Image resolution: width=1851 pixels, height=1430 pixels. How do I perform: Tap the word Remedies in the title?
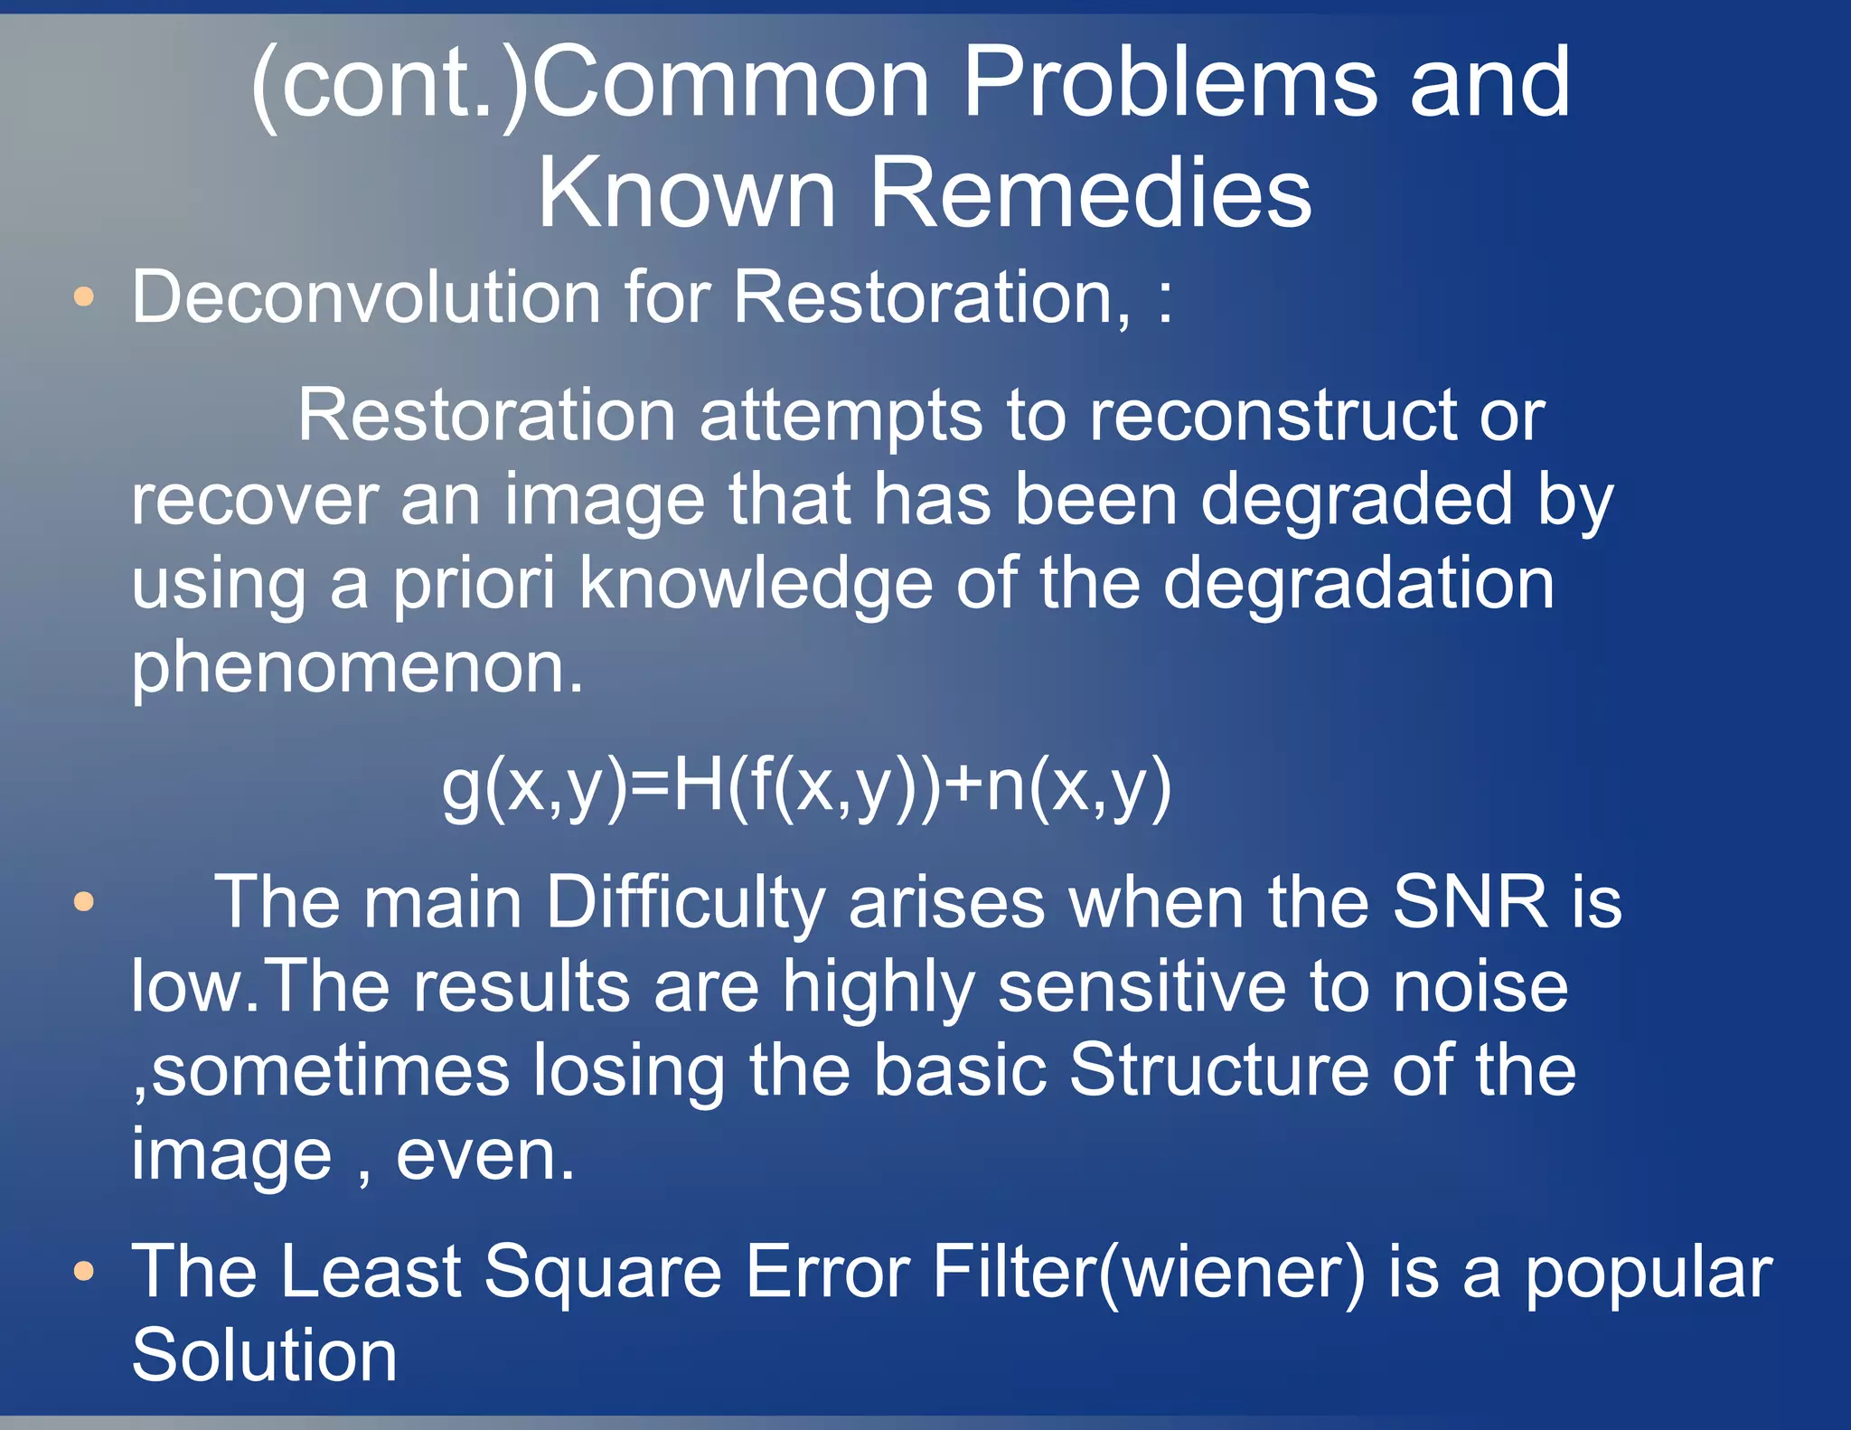(x=1090, y=193)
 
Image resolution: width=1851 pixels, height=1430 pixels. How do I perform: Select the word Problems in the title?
(x=1170, y=83)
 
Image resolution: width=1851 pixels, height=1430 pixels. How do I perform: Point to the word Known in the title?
(x=687, y=193)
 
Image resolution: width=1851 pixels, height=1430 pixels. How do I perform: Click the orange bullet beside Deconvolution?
(x=84, y=296)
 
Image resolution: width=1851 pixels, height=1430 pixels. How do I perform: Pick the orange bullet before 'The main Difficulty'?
(x=84, y=901)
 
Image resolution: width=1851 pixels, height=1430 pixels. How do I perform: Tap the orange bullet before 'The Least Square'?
(x=84, y=1272)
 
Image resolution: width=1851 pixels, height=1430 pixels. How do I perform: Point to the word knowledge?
(x=756, y=584)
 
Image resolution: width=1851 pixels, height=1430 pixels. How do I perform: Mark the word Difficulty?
(x=686, y=903)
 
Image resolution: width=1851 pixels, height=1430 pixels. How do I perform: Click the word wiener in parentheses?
(x=1232, y=1272)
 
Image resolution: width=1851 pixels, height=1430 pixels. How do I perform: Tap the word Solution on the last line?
(x=264, y=1355)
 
